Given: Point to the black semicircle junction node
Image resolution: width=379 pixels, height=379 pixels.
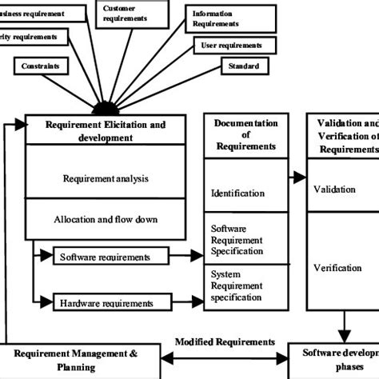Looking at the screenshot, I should point(104,108).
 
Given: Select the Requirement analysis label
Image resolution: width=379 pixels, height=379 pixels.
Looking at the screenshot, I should point(106,178).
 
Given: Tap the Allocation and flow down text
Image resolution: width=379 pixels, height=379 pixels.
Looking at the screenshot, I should point(106,218).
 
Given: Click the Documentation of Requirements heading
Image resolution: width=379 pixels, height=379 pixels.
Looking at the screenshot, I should point(245,135).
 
